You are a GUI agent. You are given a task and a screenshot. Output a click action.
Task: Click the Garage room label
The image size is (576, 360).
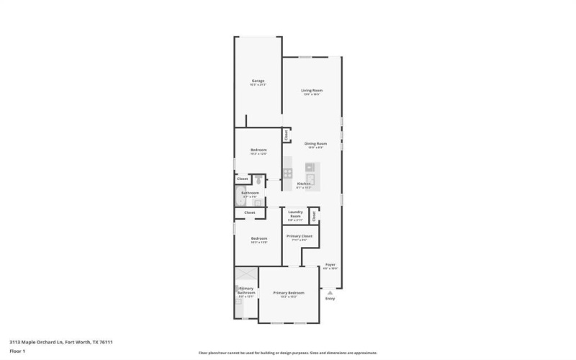click(x=258, y=81)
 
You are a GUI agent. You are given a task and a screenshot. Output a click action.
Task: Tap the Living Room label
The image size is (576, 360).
click(x=312, y=90)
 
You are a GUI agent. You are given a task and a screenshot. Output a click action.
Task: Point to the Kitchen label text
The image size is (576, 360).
click(x=304, y=184)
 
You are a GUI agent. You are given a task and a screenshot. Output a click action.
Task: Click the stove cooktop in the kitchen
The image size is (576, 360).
click(x=287, y=173)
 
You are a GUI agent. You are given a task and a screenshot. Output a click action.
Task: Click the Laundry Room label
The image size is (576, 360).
click(x=294, y=213)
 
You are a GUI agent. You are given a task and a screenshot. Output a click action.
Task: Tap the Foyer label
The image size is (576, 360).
click(x=330, y=265)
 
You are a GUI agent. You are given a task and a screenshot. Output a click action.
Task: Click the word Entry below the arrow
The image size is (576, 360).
click(x=330, y=299)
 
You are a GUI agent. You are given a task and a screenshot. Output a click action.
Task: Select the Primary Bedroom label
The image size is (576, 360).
click(x=288, y=293)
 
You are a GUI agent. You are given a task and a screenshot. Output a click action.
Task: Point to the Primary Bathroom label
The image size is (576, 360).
click(x=246, y=291)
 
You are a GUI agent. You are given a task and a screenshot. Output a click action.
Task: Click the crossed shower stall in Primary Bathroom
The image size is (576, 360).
click(x=246, y=274)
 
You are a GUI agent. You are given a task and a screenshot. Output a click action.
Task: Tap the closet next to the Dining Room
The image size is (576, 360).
click(x=286, y=135)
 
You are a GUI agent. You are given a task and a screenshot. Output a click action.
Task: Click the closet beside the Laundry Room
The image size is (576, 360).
click(x=314, y=215)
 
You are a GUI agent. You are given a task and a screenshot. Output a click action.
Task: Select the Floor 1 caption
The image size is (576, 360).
click(x=17, y=351)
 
